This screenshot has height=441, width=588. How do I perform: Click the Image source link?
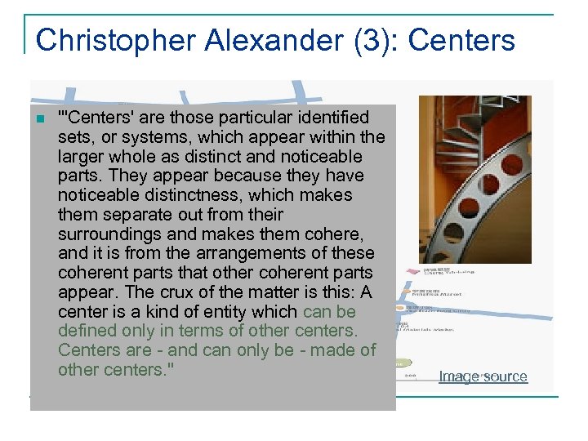coord(483,376)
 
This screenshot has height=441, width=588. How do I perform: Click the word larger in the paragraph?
coord(79,156)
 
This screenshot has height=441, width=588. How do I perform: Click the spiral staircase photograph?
coord(474,180)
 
